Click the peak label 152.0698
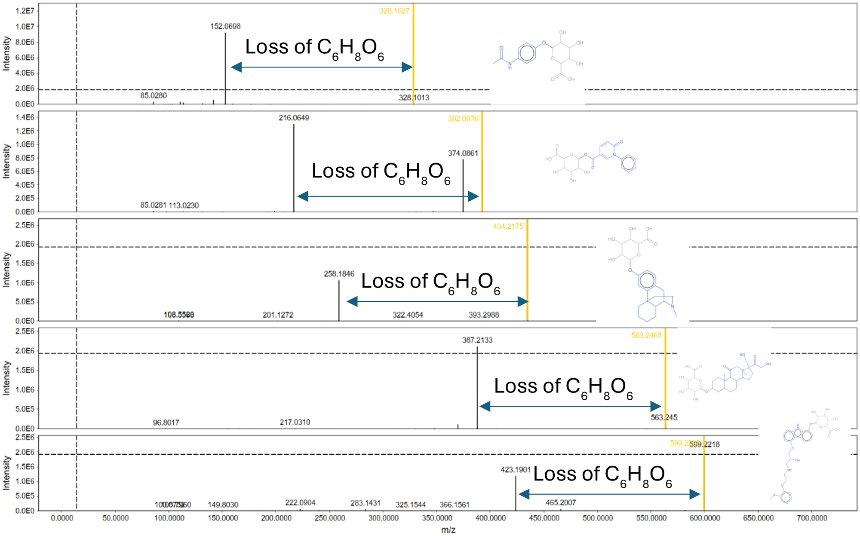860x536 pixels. click(225, 26)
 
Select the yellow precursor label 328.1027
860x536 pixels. click(394, 11)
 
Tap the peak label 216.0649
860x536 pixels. click(294, 118)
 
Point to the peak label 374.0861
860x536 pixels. click(463, 153)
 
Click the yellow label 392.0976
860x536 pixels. click(463, 119)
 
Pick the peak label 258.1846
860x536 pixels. click(339, 274)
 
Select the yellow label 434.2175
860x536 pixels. click(508, 226)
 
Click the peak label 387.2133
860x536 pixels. click(477, 340)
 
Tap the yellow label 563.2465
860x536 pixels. click(646, 335)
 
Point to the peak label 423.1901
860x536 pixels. click(516, 470)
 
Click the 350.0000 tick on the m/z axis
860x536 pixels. click(437, 518)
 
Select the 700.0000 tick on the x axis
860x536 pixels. click(812, 518)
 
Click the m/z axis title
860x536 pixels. click(448, 530)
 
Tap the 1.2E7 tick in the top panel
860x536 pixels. click(25, 11)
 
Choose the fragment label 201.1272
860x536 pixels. click(278, 315)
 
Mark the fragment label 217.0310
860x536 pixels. click(295, 422)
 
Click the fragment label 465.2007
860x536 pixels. click(561, 502)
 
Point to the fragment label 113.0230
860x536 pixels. click(184, 205)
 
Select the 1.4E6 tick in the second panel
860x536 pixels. click(25, 117)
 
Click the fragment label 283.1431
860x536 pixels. click(365, 503)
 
